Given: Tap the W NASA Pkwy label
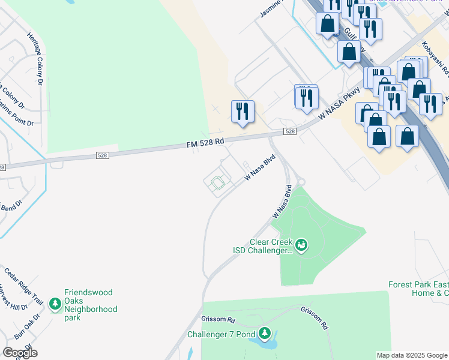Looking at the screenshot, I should coord(340,103).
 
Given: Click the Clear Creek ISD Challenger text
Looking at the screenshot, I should coord(262,246).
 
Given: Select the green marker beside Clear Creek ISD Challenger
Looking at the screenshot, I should coord(301,245).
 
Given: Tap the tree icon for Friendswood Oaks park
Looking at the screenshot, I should coord(55,305).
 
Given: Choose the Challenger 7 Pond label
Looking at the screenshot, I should coord(221,334).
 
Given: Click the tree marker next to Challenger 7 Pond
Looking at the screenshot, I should coord(264,334).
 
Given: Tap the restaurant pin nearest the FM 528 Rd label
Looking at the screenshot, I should coord(243,111).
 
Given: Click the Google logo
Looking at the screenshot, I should coord(20,352).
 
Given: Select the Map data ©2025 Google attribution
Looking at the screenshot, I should coord(411,355).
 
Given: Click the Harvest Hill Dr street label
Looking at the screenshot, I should coord(14,299).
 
